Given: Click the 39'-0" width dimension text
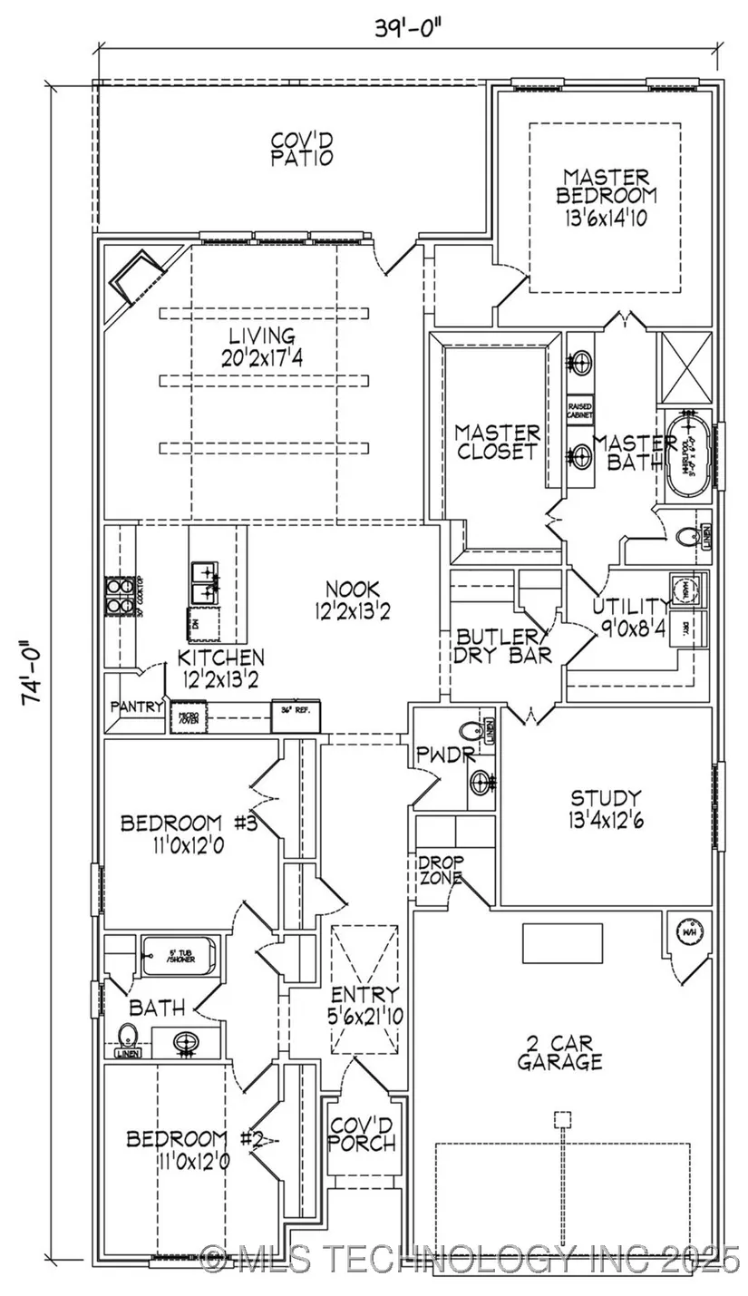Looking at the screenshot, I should click(x=411, y=26).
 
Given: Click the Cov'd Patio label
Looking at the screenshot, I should click(x=302, y=150).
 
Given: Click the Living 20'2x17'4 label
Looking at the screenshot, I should click(x=262, y=347).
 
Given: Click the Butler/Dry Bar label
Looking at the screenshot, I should click(x=504, y=646).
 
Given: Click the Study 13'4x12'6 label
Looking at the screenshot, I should click(x=606, y=809).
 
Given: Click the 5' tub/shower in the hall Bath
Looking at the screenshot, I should click(x=180, y=956).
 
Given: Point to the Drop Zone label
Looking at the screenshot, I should click(x=441, y=870).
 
